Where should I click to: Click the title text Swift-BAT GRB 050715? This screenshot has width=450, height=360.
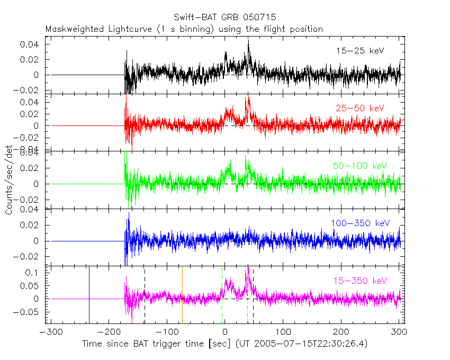tap(224, 17)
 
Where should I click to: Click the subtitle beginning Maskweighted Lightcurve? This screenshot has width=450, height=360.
tap(184, 29)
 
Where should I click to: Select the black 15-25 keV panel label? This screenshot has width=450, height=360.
tap(359, 51)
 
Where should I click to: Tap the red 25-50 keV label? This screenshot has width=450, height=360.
tap(359, 108)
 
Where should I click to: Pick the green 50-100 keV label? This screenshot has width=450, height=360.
tap(360, 166)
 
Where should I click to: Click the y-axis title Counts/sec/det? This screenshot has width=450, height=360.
tap(9, 181)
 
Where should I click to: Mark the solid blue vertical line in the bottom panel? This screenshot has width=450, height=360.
tap(89, 294)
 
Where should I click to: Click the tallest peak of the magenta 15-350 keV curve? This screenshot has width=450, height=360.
tap(248, 270)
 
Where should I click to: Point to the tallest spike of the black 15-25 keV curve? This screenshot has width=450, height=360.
tap(248, 41)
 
